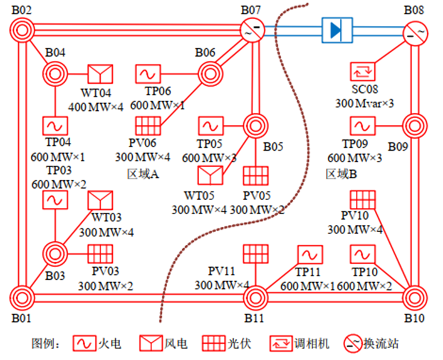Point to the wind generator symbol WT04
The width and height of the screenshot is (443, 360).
coord(100,75)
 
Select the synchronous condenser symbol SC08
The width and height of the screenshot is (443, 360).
coord(363,73)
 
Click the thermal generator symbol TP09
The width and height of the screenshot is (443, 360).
coord(363,126)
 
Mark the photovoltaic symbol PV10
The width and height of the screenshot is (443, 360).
coord(363,200)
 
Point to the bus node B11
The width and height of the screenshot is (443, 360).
coord(256,297)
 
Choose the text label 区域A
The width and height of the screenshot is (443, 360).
coord(143,174)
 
